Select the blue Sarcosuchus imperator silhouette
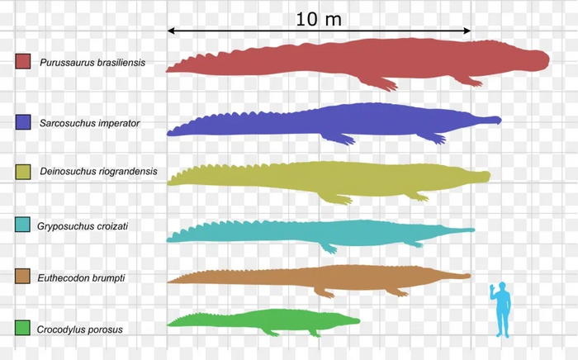tap(347, 124)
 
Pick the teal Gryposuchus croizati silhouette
tap(330, 232)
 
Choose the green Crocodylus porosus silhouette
tap(264, 320)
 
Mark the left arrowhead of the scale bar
tap(172, 31)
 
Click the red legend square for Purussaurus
tap(23, 61)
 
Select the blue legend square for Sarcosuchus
tap(23, 122)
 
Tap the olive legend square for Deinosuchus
tap(23, 172)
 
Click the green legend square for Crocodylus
tap(23, 329)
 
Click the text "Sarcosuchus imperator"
tap(89, 123)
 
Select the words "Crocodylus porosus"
tap(80, 329)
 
